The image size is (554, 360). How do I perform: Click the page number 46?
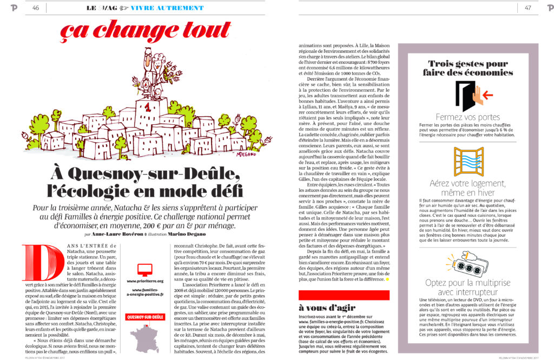(x=36, y=8)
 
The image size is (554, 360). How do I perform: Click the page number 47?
(x=527, y=8)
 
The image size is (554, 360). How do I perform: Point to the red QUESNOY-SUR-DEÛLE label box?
(x=145, y=317)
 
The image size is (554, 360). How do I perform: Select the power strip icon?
(x=469, y=262)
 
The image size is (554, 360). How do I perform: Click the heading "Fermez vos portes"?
(x=467, y=117)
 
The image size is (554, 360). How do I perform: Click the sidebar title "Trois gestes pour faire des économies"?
(x=468, y=68)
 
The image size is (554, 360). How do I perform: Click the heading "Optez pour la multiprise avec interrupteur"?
(x=467, y=288)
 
